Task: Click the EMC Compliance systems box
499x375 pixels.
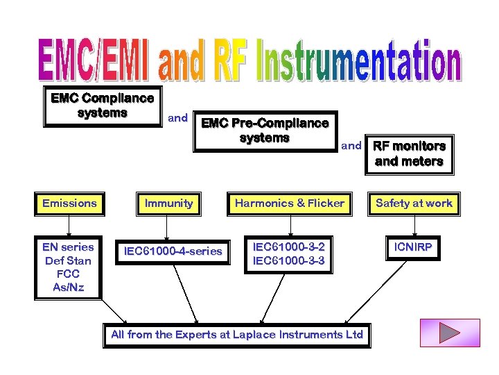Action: pos(103,106)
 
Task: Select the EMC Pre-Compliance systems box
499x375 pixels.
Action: pos(265,131)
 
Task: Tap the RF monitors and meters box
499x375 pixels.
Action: pos(409,154)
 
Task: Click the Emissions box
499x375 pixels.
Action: pos(69,203)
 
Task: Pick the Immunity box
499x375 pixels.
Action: pos(168,203)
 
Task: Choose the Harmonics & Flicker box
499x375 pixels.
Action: pos(290,203)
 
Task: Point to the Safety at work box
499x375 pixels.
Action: pos(414,203)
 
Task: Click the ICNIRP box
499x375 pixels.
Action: pos(414,247)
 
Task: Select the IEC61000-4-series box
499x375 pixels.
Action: pos(173,251)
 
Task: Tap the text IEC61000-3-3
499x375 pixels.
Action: pos(289,260)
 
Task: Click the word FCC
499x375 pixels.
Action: pos(69,274)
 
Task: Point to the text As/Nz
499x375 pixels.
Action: pos(69,287)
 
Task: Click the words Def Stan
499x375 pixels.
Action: pos(69,260)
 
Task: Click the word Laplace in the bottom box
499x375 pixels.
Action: pos(279,335)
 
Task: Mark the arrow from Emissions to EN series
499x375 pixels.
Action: pos(69,226)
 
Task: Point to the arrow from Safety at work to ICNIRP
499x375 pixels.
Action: pos(414,224)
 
